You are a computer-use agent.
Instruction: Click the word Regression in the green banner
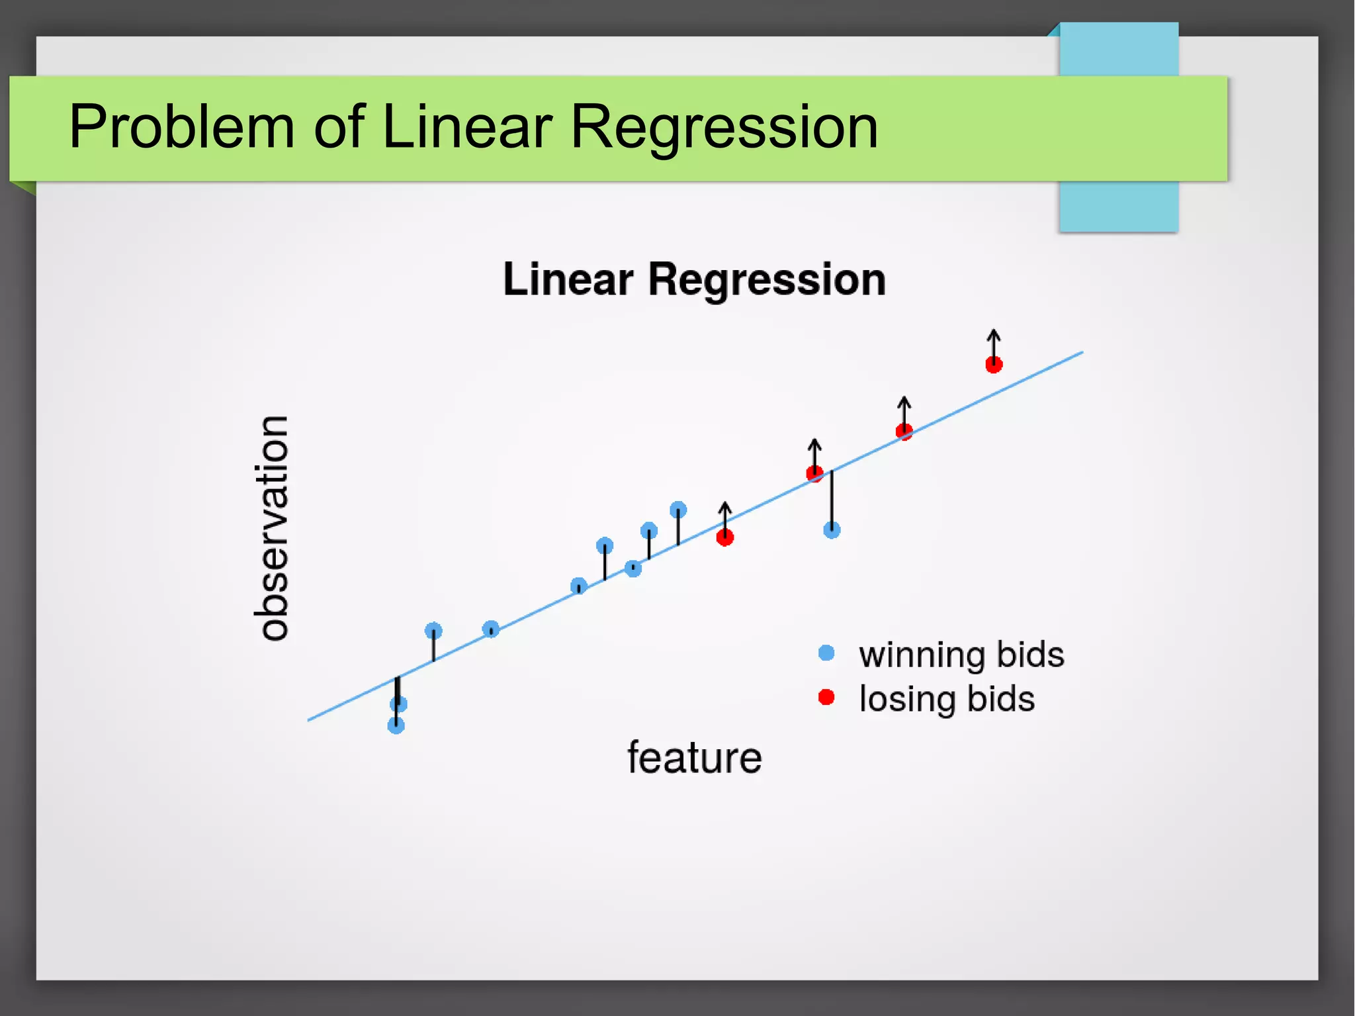(x=724, y=127)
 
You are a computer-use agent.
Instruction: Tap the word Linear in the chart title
(x=568, y=279)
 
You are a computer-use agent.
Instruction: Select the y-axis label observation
(x=271, y=528)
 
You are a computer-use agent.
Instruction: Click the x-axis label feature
(x=694, y=758)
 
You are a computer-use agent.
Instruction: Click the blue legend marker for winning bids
(x=826, y=653)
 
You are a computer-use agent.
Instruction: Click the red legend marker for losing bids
(x=826, y=697)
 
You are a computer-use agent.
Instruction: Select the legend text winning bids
(x=961, y=655)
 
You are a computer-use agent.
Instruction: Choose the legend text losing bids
(x=947, y=699)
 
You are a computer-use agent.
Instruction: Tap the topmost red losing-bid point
(x=994, y=365)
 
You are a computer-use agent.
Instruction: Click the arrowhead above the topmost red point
(x=994, y=333)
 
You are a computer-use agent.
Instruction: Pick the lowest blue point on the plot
(x=396, y=726)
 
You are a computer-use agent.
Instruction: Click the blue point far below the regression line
(x=832, y=530)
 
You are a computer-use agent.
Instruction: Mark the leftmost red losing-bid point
(x=725, y=537)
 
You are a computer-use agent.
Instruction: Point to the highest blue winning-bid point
(x=678, y=510)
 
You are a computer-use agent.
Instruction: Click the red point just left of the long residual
(x=814, y=473)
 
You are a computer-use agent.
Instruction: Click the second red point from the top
(x=904, y=432)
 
